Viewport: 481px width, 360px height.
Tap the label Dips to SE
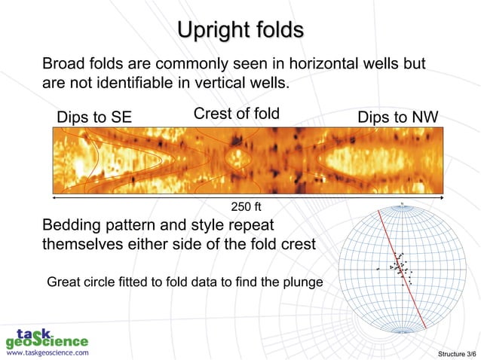tap(94, 117)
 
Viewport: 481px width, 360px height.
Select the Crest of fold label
tap(237, 114)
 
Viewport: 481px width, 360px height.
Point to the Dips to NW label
tap(398, 117)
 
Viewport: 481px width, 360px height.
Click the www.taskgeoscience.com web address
tap(47, 352)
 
